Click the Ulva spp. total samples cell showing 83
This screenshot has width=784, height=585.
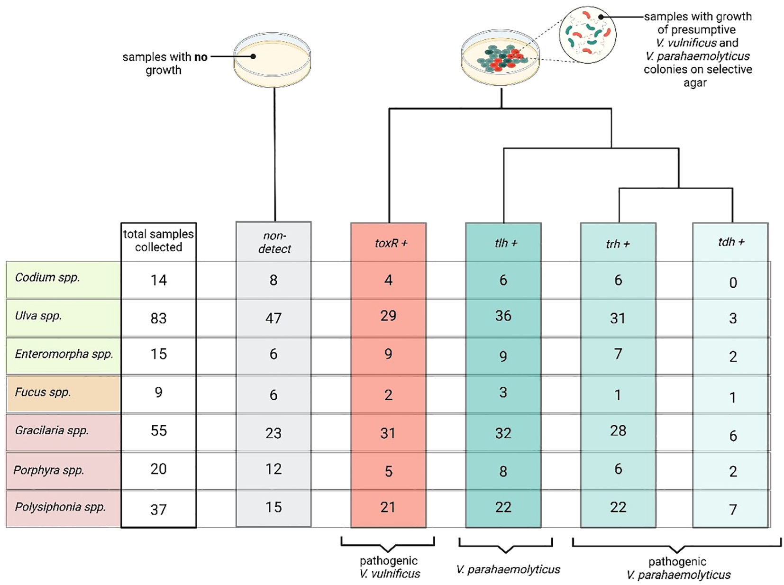[158, 318]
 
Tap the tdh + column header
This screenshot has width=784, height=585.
[731, 242]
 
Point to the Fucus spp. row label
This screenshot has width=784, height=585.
[43, 393]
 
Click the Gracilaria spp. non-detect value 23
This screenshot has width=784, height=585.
[273, 433]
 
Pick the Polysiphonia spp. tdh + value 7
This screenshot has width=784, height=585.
[733, 510]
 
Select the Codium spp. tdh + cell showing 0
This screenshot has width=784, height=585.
[733, 283]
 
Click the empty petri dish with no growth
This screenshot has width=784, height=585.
[272, 60]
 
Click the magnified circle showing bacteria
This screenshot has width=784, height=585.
[587, 35]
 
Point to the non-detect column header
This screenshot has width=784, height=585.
[274, 242]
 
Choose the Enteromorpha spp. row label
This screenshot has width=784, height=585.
[64, 354]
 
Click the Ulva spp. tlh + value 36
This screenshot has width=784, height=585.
[503, 316]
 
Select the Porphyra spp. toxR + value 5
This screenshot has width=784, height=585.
[388, 471]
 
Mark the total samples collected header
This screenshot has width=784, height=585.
[158, 240]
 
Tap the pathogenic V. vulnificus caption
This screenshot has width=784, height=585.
[389, 567]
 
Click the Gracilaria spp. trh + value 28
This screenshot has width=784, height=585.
[618, 430]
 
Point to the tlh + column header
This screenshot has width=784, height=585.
[505, 243]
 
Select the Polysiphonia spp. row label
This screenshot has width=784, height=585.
[60, 507]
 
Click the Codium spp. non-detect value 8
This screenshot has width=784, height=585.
[273, 280]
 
